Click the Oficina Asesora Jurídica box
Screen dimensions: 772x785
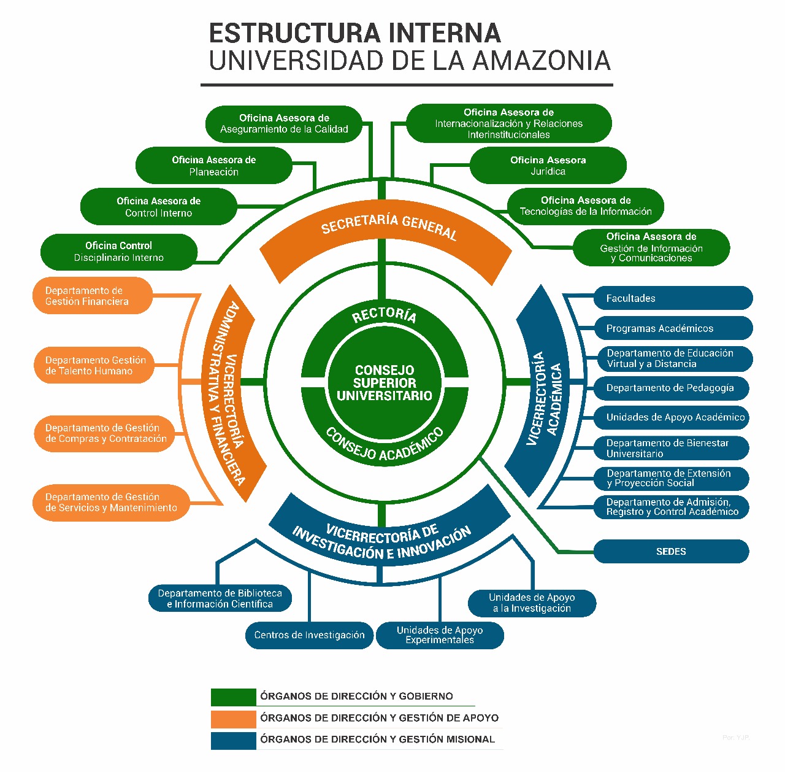click(x=548, y=166)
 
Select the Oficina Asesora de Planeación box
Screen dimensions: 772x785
click(x=213, y=166)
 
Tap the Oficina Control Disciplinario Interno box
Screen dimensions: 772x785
click(x=118, y=252)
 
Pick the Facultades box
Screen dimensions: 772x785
click(x=673, y=298)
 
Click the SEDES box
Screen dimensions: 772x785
click(x=671, y=551)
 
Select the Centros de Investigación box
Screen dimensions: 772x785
click(x=309, y=635)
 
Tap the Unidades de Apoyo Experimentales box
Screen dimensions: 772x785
click(x=440, y=635)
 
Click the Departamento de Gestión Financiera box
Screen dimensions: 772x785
click(x=92, y=296)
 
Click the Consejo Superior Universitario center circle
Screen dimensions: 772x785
click(x=385, y=383)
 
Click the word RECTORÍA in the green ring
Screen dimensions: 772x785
click(x=385, y=315)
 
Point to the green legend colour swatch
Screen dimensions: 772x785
click(x=233, y=697)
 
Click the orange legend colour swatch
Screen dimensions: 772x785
click(x=233, y=719)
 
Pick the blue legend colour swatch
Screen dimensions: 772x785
click(x=233, y=740)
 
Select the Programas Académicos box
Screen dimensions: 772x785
click(x=673, y=328)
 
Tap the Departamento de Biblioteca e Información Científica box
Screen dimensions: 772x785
click(x=220, y=598)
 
